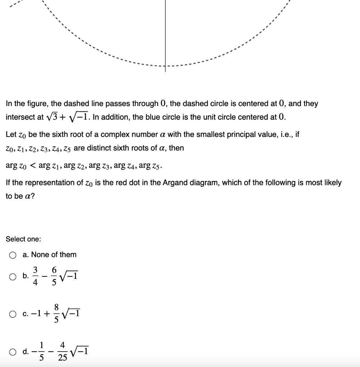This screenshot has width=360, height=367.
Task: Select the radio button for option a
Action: click(x=13, y=255)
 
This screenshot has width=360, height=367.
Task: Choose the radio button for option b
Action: click(x=13, y=276)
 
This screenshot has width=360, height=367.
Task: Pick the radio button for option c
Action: click(x=13, y=314)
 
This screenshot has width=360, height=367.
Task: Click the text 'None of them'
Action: click(x=53, y=255)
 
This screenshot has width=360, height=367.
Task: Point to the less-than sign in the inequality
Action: click(x=33, y=166)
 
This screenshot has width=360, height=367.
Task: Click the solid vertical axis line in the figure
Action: click(x=165, y=36)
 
